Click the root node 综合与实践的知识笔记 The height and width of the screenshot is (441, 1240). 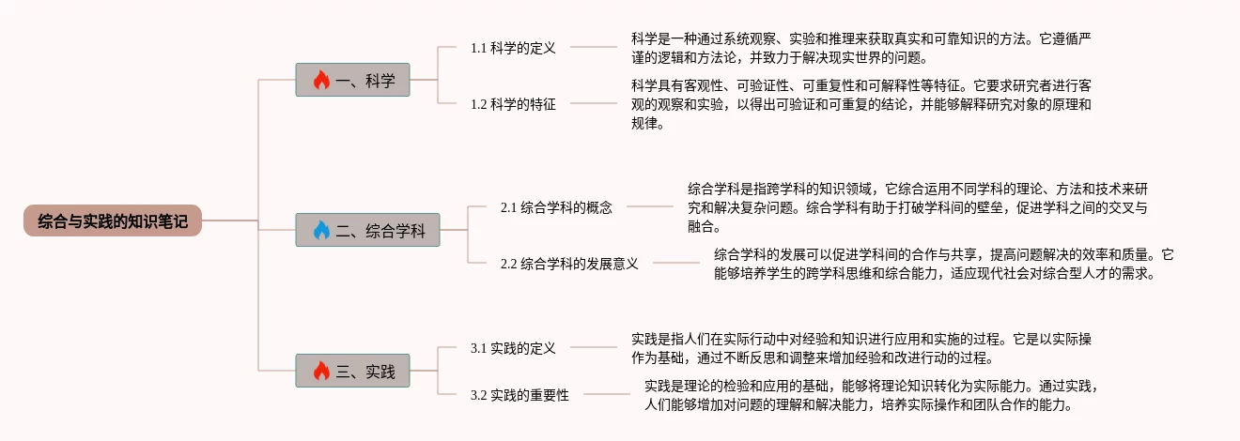[112, 221]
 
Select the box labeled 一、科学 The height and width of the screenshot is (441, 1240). [352, 80]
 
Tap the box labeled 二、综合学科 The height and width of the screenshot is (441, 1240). [367, 230]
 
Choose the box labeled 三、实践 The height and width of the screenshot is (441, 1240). [352, 371]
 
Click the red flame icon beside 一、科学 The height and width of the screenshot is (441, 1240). [321, 81]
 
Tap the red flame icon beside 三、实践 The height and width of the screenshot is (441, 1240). [321, 372]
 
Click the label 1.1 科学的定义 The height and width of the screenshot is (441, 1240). [513, 48]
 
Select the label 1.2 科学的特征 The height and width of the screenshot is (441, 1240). [513, 104]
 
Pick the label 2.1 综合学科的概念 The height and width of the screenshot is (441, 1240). [556, 207]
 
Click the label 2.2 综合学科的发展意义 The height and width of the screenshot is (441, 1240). [569, 264]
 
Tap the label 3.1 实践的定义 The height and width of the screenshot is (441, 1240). [513, 348]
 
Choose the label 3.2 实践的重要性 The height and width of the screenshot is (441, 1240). [519, 395]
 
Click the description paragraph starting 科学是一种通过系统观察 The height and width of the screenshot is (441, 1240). [860, 48]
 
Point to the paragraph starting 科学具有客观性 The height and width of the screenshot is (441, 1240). [860, 104]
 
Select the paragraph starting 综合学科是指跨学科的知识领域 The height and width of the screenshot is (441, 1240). [917, 207]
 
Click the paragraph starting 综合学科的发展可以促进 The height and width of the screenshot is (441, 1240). [943, 264]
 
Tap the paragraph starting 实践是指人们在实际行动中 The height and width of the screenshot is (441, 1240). [860, 348]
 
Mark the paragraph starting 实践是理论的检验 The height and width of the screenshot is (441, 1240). [870, 395]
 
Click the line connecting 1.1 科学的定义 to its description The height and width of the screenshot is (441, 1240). [594, 46]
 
